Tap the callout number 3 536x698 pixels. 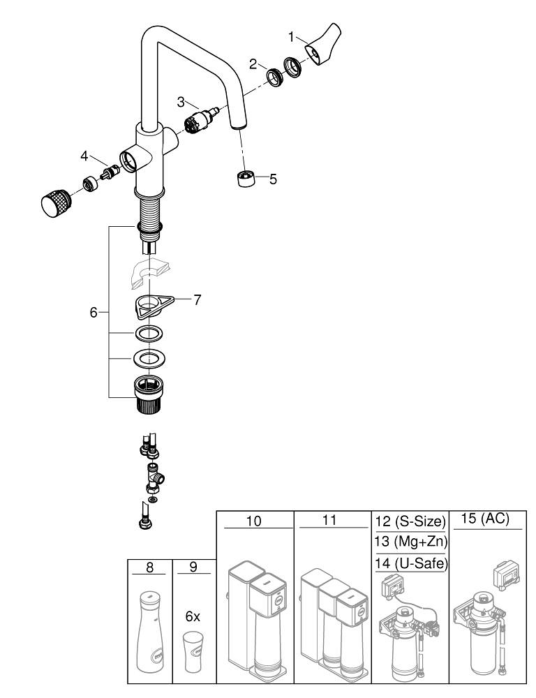coord(181,102)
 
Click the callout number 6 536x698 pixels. coord(94,313)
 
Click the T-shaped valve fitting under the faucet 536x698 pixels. coord(152,478)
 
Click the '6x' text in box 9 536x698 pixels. coord(193,617)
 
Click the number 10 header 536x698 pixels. coord(255,521)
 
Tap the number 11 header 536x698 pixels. coord(332,521)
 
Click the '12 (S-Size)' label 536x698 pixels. coord(409,521)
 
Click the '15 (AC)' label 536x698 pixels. coord(486,519)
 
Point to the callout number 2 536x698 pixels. coord(253,64)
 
